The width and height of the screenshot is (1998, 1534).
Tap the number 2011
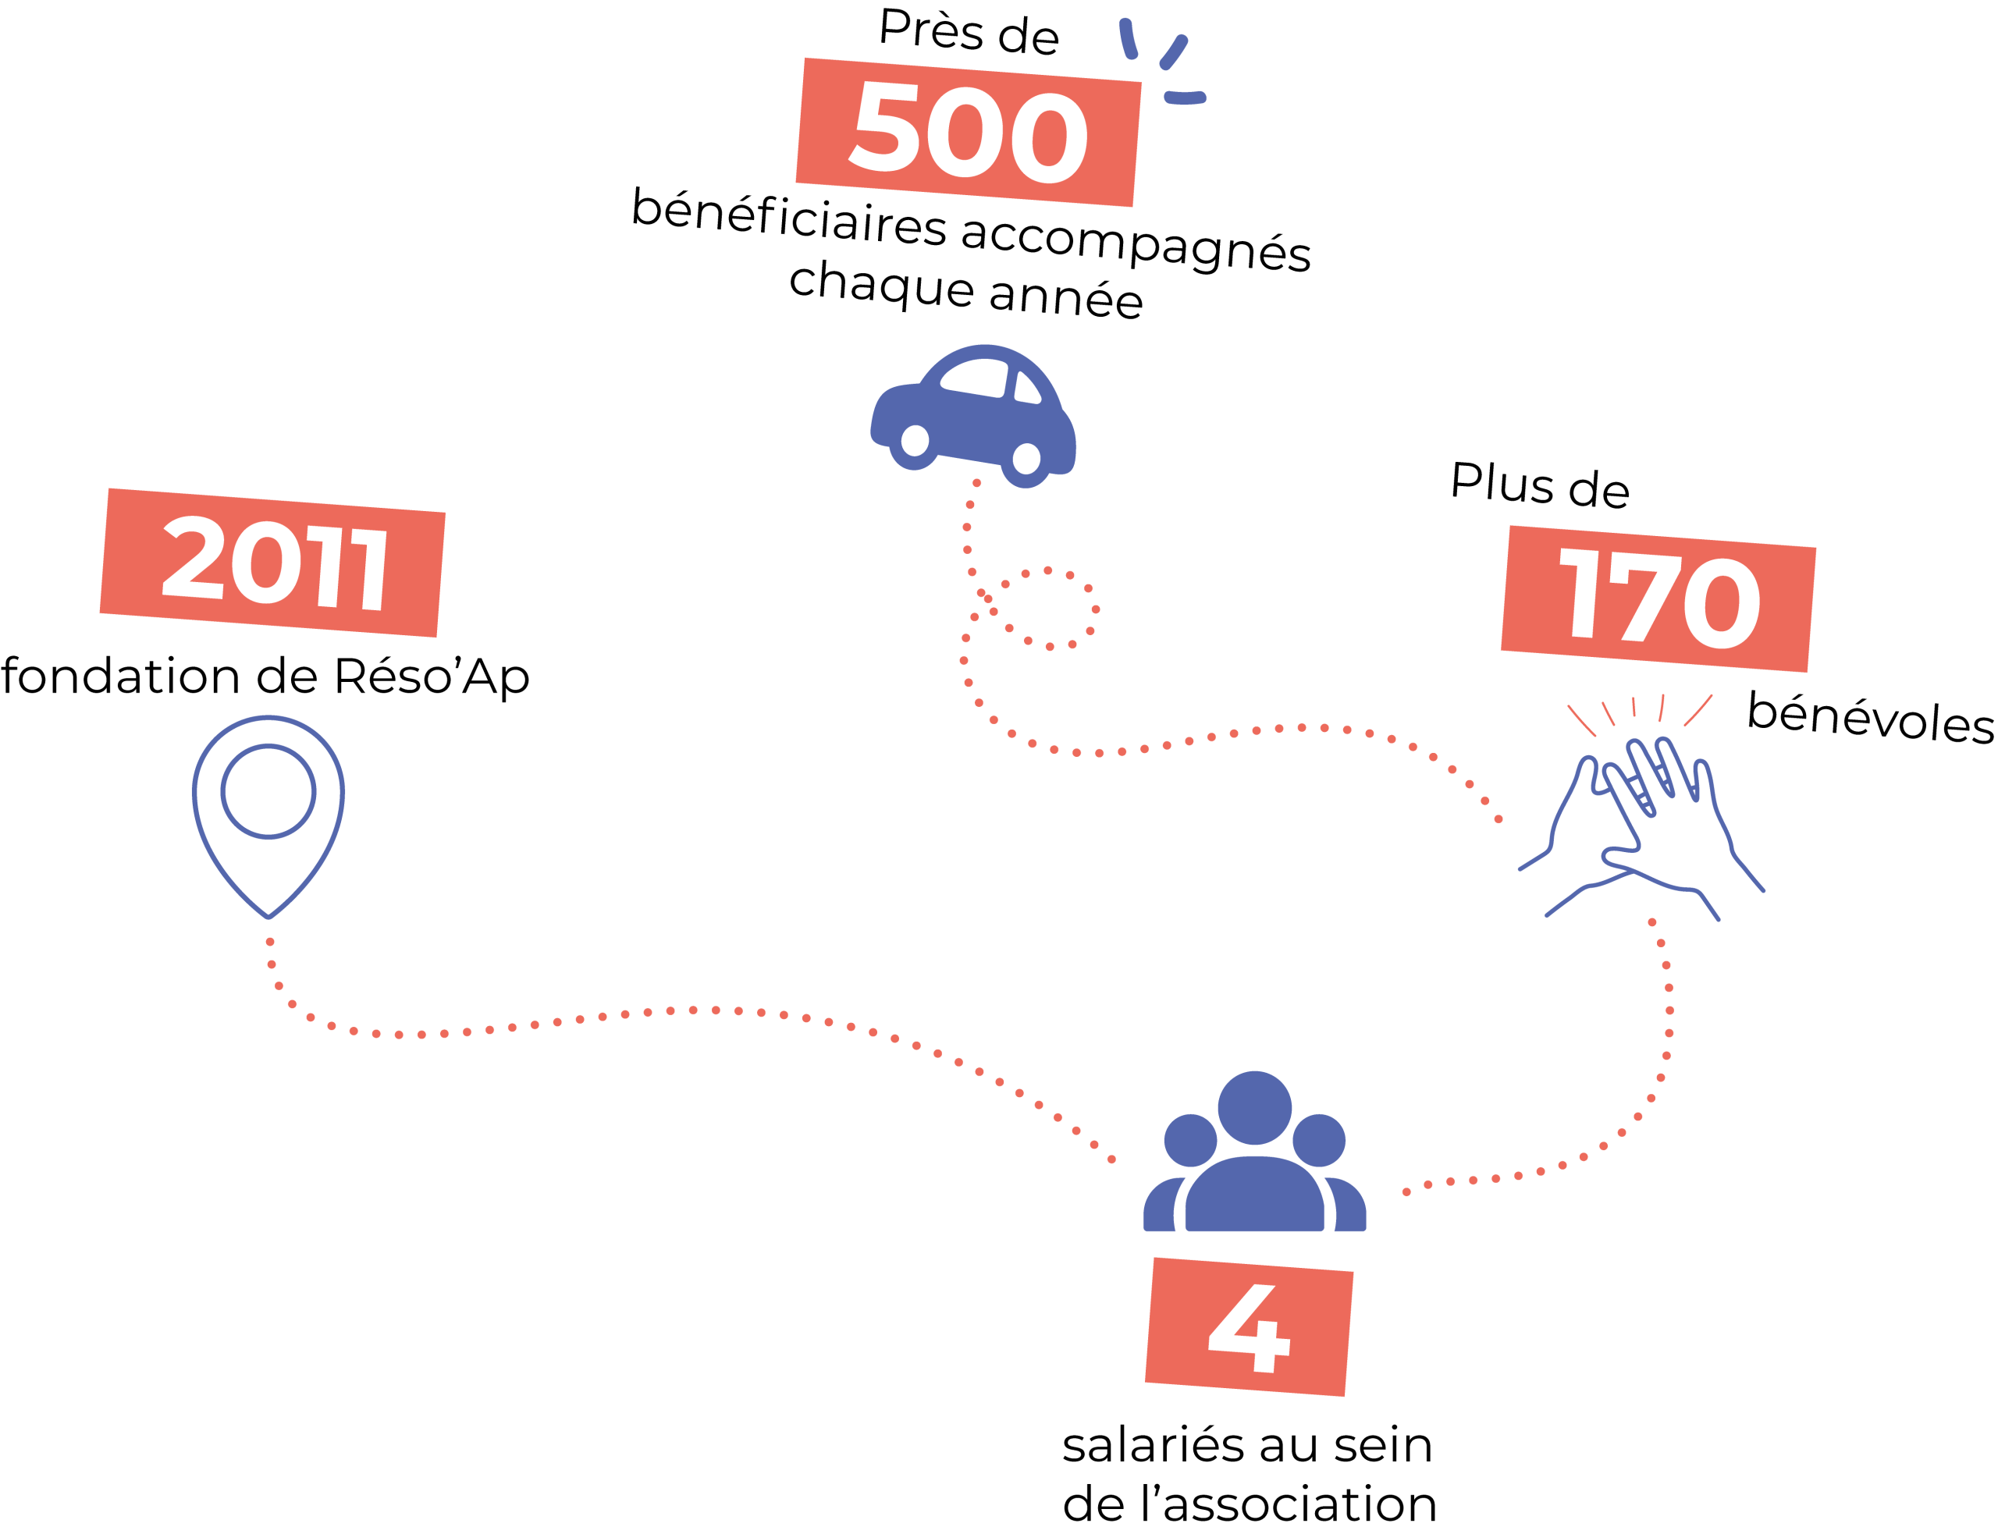pos(274,563)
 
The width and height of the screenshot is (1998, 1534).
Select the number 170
pos(1659,598)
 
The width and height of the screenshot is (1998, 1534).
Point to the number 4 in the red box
pos(1248,1329)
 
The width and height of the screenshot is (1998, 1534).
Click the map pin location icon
pos(268,816)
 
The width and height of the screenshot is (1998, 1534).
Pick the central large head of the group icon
pos(1255,1107)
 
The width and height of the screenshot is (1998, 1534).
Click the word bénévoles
pos(1870,718)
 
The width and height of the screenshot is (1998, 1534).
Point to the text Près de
pos(969,32)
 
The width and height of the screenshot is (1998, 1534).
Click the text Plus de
pos(1541,485)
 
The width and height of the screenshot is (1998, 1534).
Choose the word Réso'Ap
pos(431,677)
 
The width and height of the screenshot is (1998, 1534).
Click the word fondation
pos(120,676)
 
